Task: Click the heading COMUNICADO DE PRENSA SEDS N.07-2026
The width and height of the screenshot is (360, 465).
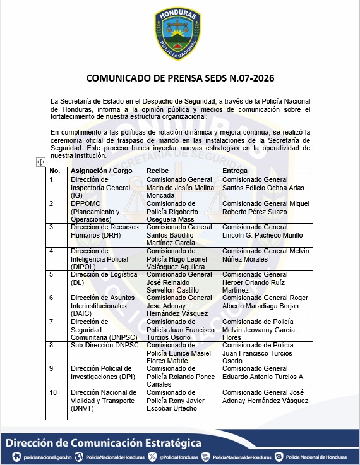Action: tap(180, 78)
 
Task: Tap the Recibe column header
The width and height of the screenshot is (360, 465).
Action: tap(157, 171)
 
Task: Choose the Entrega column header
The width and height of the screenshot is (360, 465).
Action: tap(234, 171)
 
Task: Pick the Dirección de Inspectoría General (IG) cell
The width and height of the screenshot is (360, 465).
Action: tap(101, 188)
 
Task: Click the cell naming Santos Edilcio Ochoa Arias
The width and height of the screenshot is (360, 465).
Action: tap(263, 184)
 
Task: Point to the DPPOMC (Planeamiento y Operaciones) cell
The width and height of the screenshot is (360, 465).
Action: tap(98, 211)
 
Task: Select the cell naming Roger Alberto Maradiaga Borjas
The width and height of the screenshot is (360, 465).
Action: tap(265, 302)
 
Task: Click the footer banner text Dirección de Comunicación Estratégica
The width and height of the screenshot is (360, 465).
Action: tap(104, 443)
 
